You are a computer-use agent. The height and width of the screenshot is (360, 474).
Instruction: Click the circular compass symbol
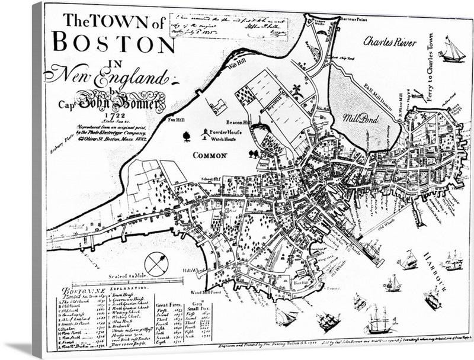(156, 264)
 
